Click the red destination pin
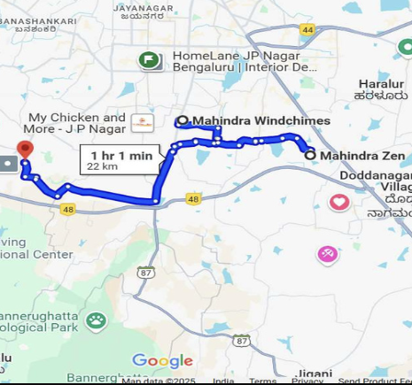coord(25,149)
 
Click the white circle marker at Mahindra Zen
coord(310,155)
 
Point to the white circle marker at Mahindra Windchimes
coord(183,120)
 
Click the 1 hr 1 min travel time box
coord(121,160)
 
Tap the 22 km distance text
coord(103,166)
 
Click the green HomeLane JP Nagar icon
coord(149,60)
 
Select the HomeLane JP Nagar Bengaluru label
coord(245,60)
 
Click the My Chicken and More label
coord(78,123)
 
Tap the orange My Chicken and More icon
coord(142,122)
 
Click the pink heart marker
coord(339,203)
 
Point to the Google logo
coord(162,361)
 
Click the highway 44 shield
coord(307,29)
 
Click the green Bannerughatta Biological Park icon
coord(97,320)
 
